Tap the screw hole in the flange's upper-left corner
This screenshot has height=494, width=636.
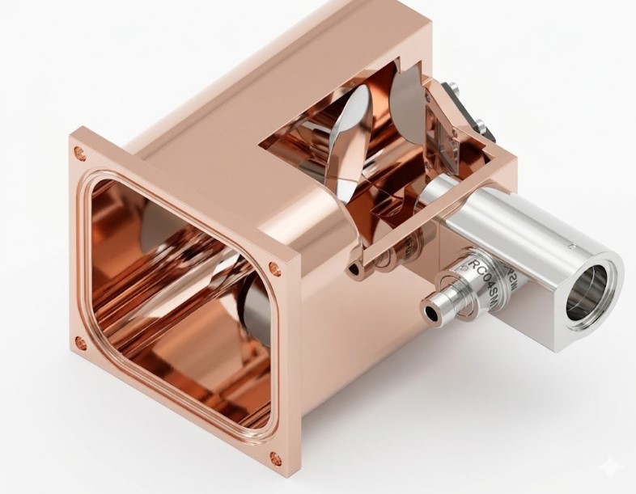point(78,151)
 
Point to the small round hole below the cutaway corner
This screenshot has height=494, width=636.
point(354,267)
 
